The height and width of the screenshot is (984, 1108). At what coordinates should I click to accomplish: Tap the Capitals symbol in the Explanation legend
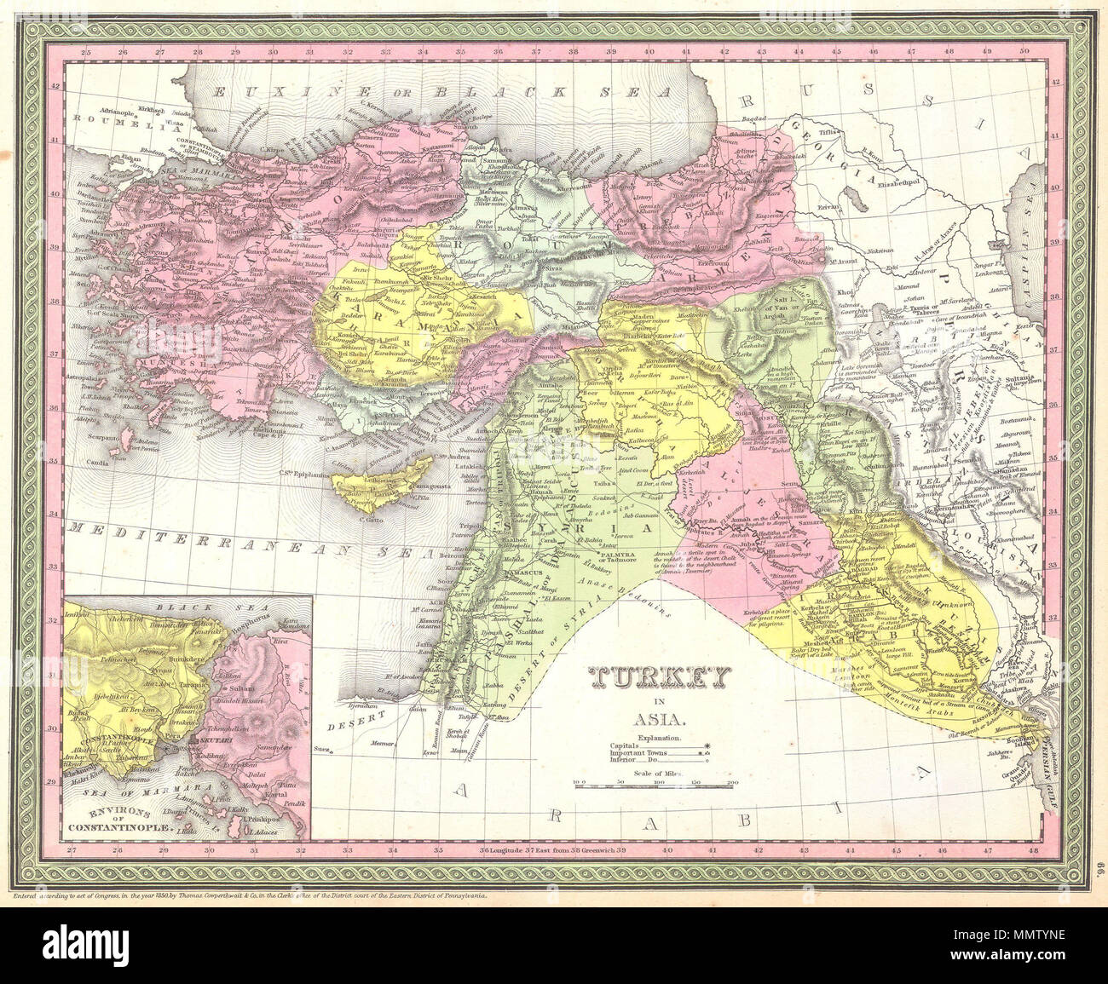click(x=707, y=745)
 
